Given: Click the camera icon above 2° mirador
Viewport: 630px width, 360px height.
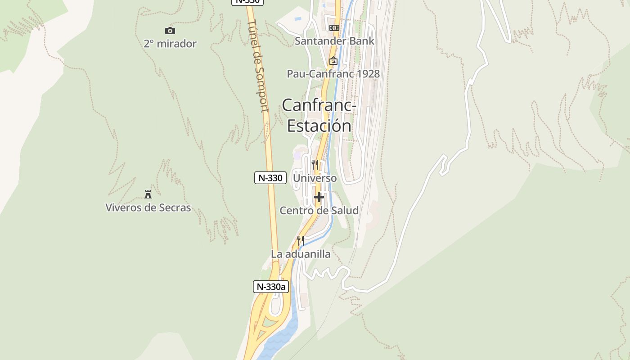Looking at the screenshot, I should coord(170,31).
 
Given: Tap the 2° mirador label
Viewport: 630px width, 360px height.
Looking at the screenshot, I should coord(170,44).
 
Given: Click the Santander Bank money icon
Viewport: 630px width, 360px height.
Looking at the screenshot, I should coord(334,28).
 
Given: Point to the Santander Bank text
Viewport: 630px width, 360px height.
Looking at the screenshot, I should coord(334,41).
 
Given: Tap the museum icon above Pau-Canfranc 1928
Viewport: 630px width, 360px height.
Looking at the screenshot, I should coord(333,61).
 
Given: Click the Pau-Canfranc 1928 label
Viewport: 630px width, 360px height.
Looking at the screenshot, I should coord(333,74).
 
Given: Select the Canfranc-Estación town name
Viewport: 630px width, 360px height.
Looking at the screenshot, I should coord(319,115).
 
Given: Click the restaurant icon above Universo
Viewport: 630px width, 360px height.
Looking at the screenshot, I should coord(315,165).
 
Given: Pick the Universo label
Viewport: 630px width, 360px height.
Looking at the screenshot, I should coord(315,178).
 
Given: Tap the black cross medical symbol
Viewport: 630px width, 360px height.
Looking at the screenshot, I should coord(319,197).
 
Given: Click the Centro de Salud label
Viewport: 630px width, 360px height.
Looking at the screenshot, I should coord(319,211).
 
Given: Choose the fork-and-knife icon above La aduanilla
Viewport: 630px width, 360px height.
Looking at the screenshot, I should coord(301,241).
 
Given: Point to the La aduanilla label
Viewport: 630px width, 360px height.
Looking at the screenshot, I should coord(301,254).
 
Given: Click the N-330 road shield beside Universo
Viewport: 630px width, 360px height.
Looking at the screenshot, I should coord(270,178).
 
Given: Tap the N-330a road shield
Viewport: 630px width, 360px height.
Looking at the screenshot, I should coord(271,287).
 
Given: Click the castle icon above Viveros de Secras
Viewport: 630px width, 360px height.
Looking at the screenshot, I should coord(148,194).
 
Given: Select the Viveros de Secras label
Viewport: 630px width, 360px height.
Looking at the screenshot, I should coord(148,208).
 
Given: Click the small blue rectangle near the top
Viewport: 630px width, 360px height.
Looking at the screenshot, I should coord(297,19).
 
